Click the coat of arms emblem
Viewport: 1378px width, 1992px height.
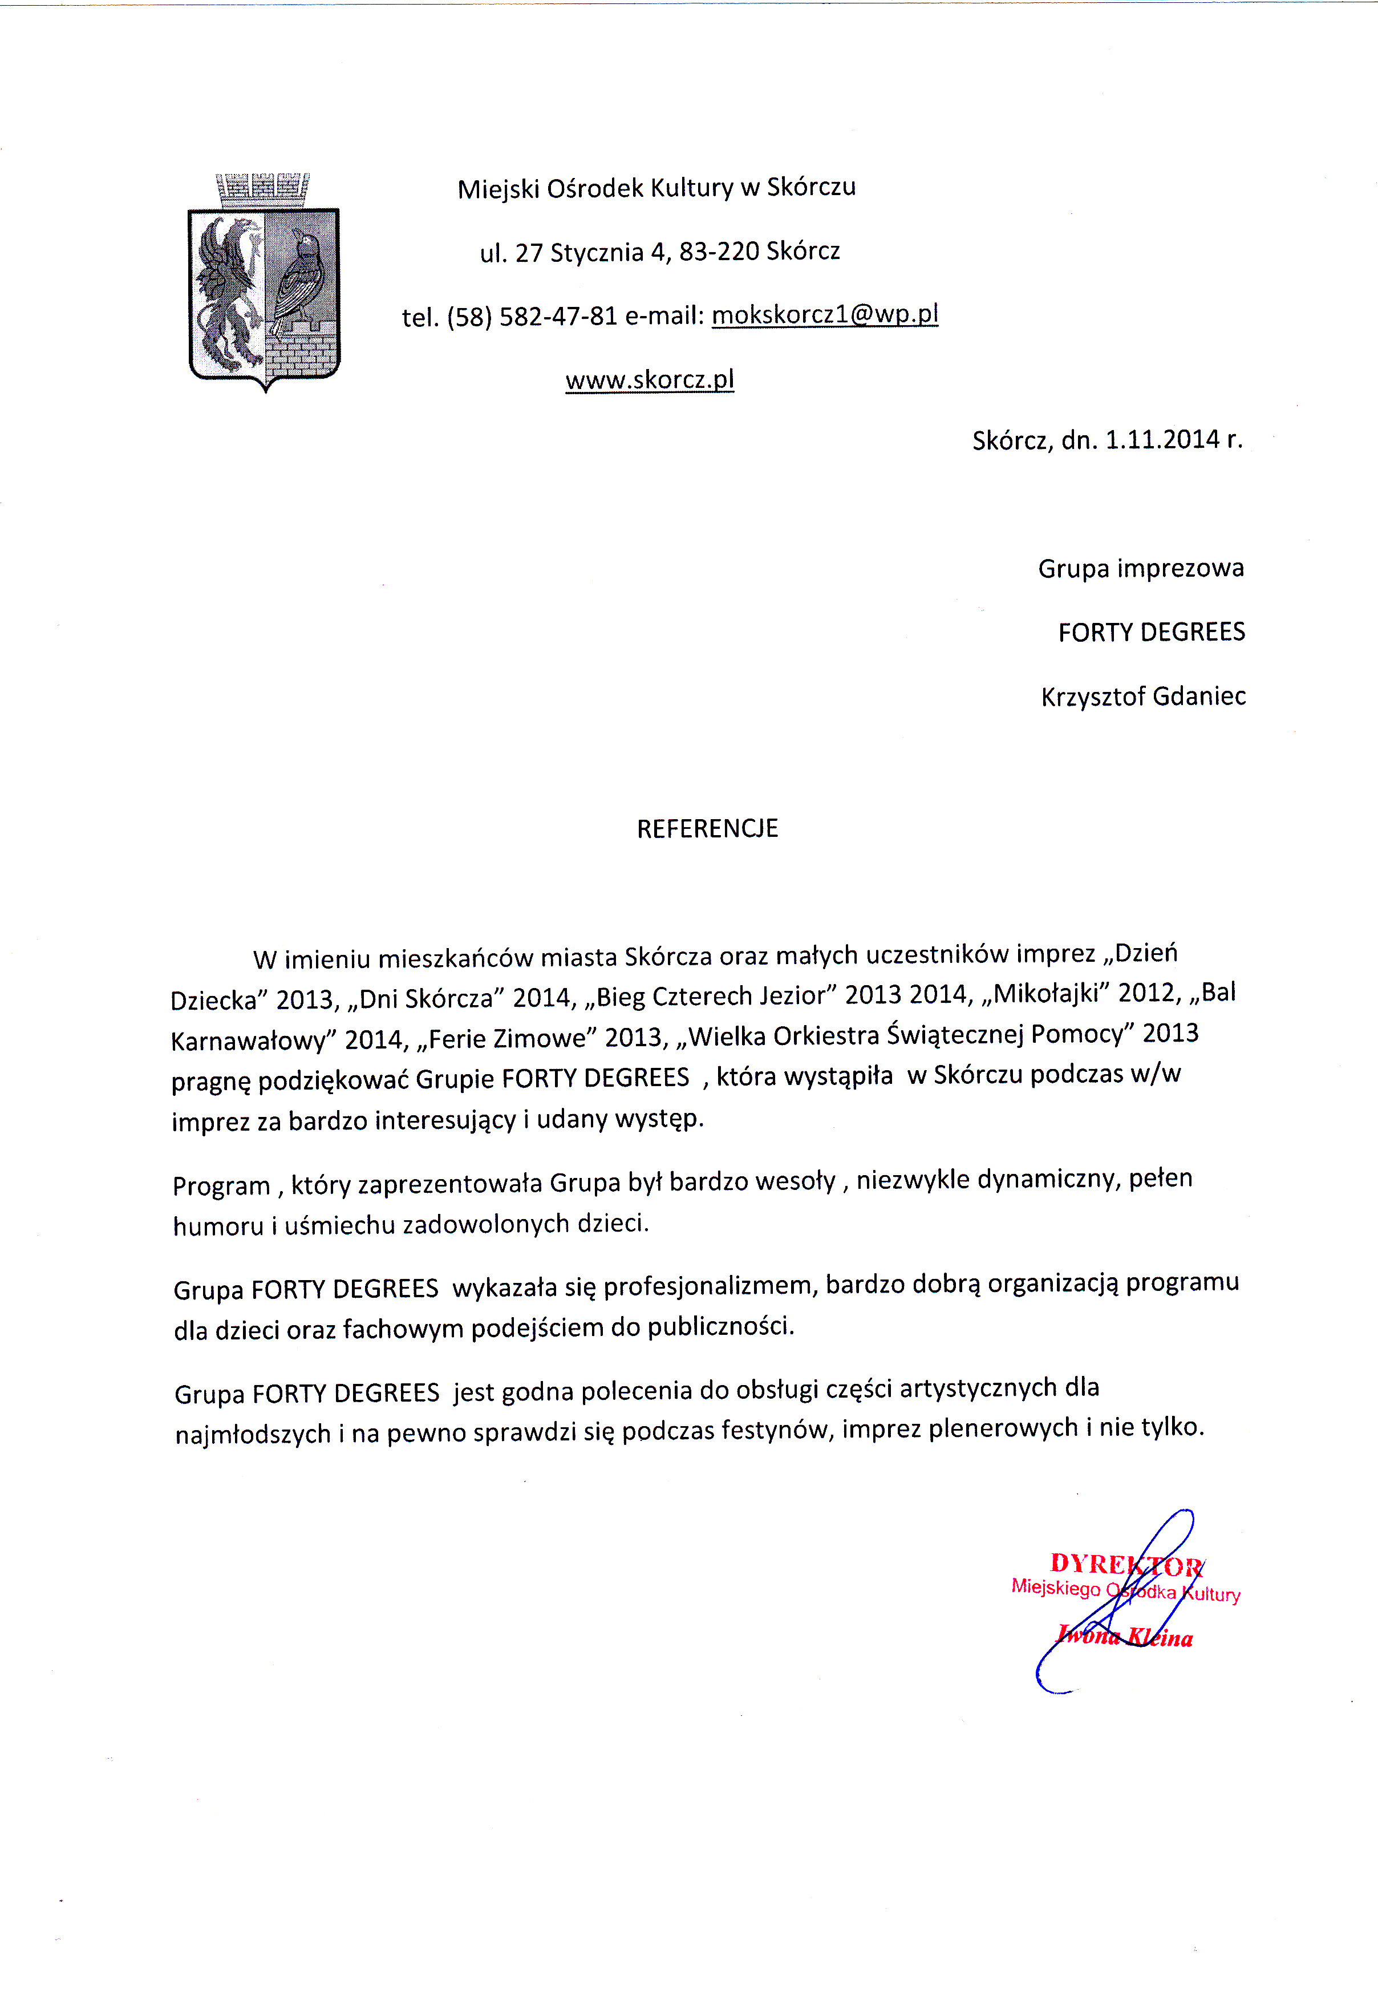(264, 285)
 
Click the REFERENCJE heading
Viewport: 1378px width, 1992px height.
(707, 828)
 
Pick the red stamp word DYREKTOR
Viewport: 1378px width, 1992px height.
(1126, 1564)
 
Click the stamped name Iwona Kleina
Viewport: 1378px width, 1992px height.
(1125, 1636)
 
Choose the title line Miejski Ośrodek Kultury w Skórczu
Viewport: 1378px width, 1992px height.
(656, 187)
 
